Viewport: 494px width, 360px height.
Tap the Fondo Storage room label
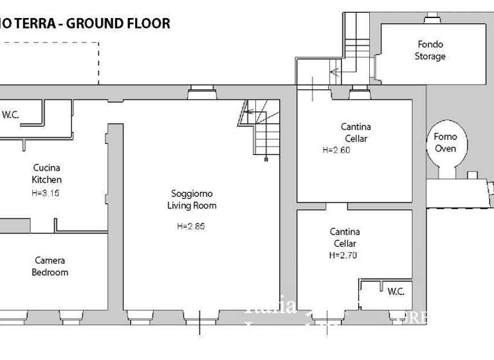430,50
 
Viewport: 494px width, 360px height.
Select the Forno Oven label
445,142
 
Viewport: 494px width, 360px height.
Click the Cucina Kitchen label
46,174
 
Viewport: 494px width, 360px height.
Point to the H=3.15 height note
45,192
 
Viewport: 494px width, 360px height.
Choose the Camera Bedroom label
50,266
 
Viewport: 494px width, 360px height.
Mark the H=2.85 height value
191,226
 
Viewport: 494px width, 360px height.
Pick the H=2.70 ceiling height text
343,255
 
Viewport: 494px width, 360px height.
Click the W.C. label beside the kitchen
10,115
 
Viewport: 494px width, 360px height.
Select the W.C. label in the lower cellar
396,291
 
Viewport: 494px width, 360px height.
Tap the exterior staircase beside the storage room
353,45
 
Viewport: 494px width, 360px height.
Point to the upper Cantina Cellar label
355,132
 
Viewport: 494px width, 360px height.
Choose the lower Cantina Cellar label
345,237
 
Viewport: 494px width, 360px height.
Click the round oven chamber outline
445,145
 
